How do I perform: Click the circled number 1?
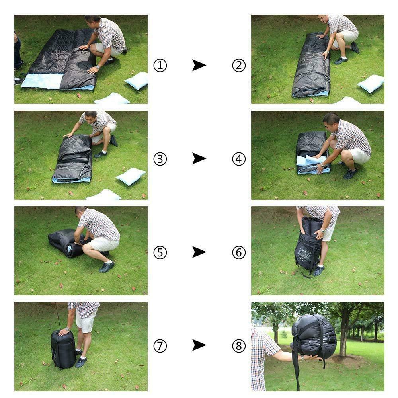(160, 66)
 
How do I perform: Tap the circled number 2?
(239, 66)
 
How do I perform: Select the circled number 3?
(160, 159)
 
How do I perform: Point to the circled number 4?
(239, 159)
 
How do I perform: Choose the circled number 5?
(160, 252)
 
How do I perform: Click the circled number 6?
(239, 252)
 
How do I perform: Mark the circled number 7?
(160, 346)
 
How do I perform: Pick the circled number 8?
(239, 346)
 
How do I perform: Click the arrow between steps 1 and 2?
(199, 65)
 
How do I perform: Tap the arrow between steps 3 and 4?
(199, 158)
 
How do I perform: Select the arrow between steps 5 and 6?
(199, 252)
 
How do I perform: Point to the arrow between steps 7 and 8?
(199, 345)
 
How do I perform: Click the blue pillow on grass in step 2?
(371, 84)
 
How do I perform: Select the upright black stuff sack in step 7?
(63, 349)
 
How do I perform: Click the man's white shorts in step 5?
(103, 244)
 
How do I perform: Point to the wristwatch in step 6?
(323, 231)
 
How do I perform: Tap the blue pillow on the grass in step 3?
(131, 176)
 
